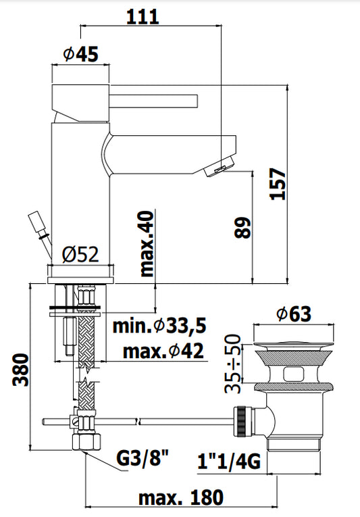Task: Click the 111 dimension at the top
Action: pos(143,17)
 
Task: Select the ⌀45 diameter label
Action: pos(81,54)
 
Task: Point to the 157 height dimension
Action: pos(278,184)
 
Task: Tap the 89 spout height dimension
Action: pos(242,228)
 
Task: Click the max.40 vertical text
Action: pos(147,244)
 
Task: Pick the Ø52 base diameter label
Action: pos(80,255)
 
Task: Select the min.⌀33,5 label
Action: pos(159,326)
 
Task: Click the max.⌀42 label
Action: pos(163,351)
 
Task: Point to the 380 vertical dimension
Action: pos(21,370)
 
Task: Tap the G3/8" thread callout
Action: pos(143,458)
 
